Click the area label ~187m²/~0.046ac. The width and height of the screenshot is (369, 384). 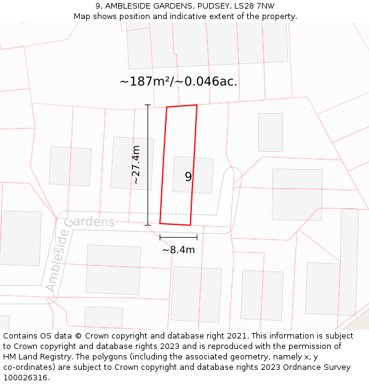click(x=178, y=81)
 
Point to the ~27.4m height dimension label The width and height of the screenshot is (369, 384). click(x=136, y=165)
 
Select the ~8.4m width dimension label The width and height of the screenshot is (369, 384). click(x=178, y=249)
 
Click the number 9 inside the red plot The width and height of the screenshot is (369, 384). click(x=188, y=176)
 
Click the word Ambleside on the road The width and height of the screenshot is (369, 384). click(x=57, y=261)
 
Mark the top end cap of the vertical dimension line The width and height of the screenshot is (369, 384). click(x=148, y=105)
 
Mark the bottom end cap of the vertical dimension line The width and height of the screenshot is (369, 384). click(x=148, y=225)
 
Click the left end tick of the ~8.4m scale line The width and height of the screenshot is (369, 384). click(x=160, y=237)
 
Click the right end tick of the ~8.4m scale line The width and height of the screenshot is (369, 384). click(x=197, y=237)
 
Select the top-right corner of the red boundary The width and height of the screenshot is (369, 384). click(x=197, y=105)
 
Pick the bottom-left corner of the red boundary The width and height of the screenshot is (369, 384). click(x=160, y=223)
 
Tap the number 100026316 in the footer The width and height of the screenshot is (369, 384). click(x=24, y=377)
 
